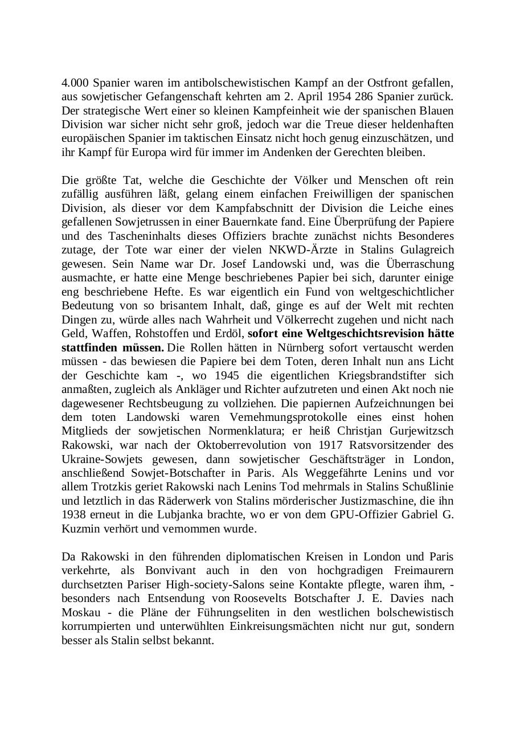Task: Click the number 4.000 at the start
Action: coord(75,83)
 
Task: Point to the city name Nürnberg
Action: coord(301,347)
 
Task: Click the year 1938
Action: coord(74,515)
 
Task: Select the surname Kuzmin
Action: coord(80,529)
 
